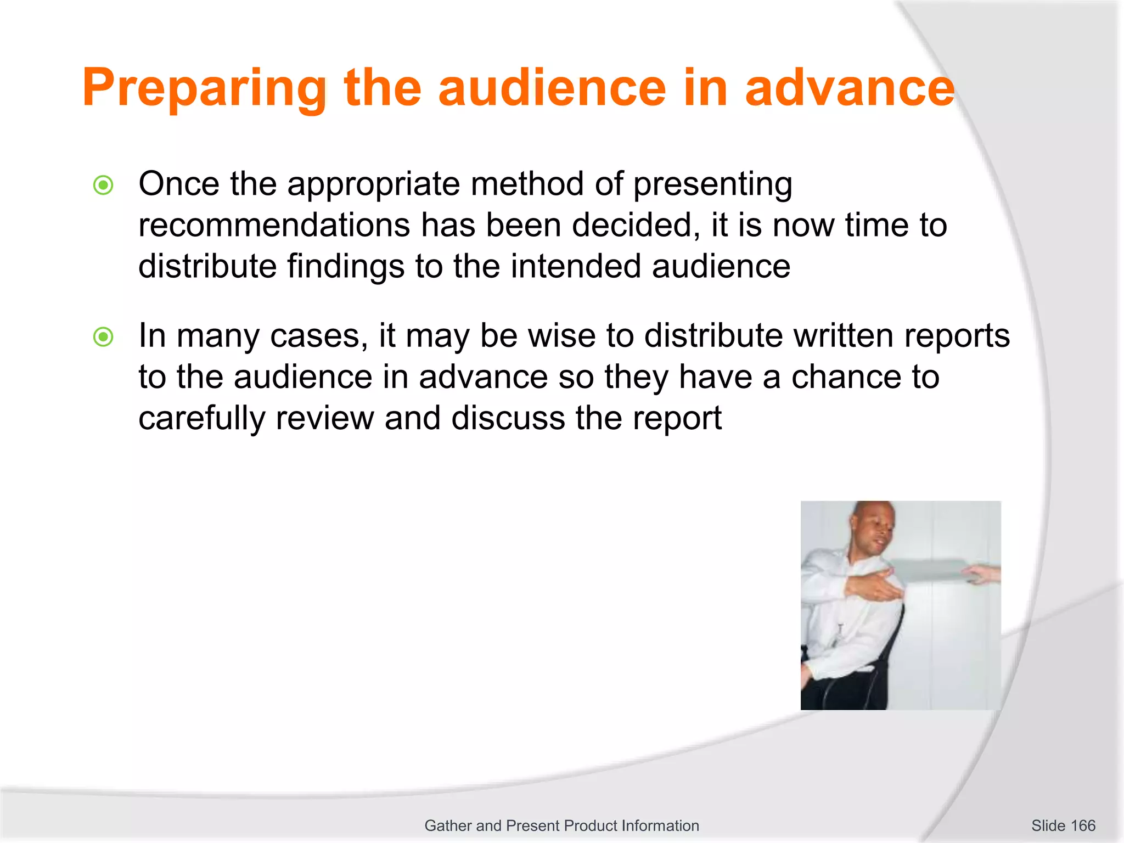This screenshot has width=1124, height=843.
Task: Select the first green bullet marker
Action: [103, 186]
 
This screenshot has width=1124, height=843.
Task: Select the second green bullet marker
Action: [103, 337]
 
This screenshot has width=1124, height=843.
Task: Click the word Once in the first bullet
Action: [178, 184]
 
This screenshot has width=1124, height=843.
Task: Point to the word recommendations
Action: [274, 226]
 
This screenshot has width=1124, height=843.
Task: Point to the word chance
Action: [845, 378]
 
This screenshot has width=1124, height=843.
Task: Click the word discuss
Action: [508, 419]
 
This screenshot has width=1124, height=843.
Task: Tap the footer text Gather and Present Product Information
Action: [561, 825]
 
